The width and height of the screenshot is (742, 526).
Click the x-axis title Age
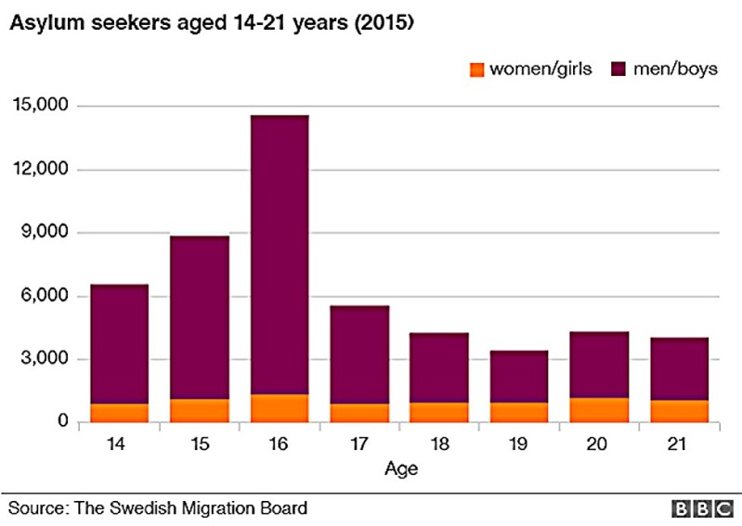click(x=401, y=468)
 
